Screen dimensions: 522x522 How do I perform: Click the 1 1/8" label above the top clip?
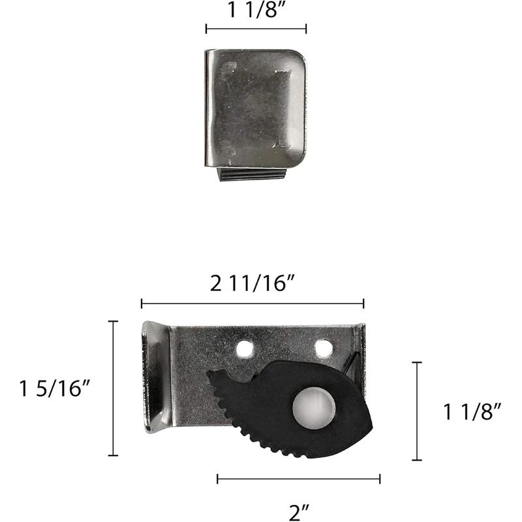[256, 10]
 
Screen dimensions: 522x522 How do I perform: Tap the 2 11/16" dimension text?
[253, 284]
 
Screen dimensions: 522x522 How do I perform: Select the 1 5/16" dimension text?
[55, 388]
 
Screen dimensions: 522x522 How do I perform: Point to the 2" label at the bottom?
[299, 513]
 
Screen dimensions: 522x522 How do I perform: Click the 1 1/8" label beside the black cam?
[472, 412]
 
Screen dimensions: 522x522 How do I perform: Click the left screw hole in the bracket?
[244, 348]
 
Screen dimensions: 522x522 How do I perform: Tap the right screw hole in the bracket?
[324, 348]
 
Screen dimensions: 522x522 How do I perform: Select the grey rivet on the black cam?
[314, 407]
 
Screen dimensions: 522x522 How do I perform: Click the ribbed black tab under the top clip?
[252, 174]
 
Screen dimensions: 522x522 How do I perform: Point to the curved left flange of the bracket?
[156, 377]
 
